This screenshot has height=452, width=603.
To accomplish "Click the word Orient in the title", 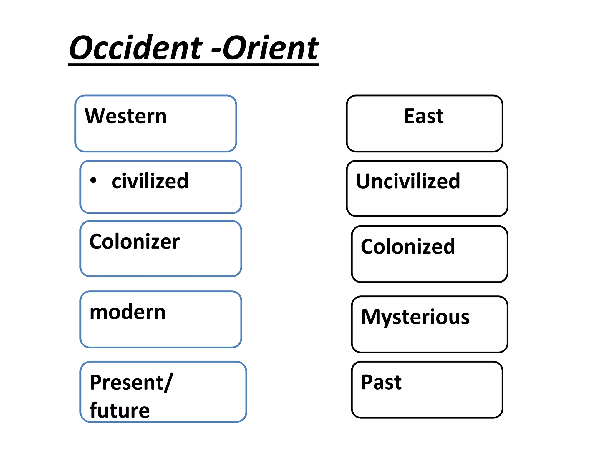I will [270, 48].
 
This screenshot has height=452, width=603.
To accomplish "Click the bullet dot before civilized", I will [93, 180].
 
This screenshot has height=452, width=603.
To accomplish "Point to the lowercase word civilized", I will [150, 181].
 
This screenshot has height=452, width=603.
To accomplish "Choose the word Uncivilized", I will [408, 181].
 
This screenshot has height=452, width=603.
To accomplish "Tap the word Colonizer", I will [135, 242].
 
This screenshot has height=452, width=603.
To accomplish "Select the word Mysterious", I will [415, 317].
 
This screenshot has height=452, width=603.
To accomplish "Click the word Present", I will [127, 383].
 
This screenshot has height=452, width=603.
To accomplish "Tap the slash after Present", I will [169, 383].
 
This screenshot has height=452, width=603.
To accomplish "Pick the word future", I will [120, 410].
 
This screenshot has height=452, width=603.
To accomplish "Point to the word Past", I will [381, 383].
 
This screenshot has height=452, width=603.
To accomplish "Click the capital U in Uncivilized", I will [364, 181].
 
